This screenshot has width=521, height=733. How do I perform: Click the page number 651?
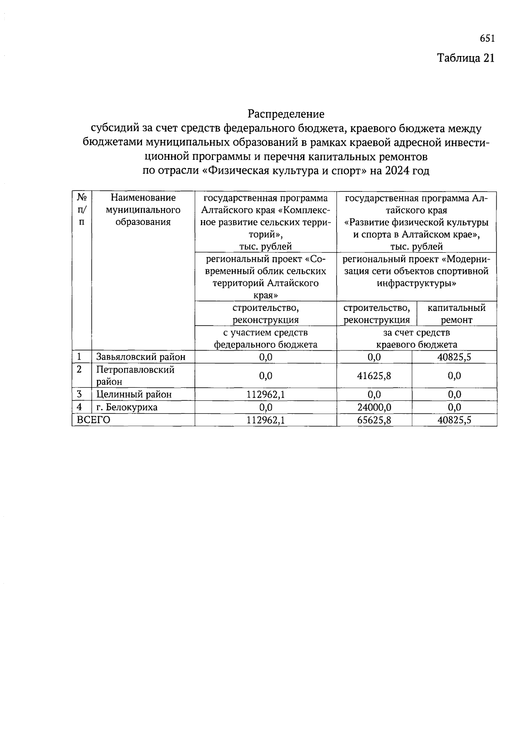[487, 39]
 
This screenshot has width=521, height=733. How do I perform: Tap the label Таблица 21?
[465, 58]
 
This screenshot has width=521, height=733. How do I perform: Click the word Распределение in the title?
[286, 114]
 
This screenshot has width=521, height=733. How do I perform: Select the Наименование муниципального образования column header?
[143, 210]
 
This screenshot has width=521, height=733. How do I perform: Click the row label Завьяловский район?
[141, 357]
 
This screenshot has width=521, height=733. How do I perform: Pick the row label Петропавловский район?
[135, 376]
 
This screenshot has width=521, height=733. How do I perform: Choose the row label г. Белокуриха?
[127, 407]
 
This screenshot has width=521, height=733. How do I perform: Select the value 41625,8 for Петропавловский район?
[374, 376]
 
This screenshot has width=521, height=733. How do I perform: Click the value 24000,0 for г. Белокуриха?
[374, 407]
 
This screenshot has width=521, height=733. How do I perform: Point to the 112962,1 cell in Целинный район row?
[265, 394]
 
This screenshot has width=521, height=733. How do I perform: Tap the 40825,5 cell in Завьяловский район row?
[454, 357]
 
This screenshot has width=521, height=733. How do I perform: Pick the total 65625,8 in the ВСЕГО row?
[374, 420]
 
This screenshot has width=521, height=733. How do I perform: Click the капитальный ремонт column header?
[456, 314]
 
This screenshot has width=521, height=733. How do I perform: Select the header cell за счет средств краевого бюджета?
[416, 339]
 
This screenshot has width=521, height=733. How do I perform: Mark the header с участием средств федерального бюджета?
[265, 339]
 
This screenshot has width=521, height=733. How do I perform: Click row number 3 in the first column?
[79, 394]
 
